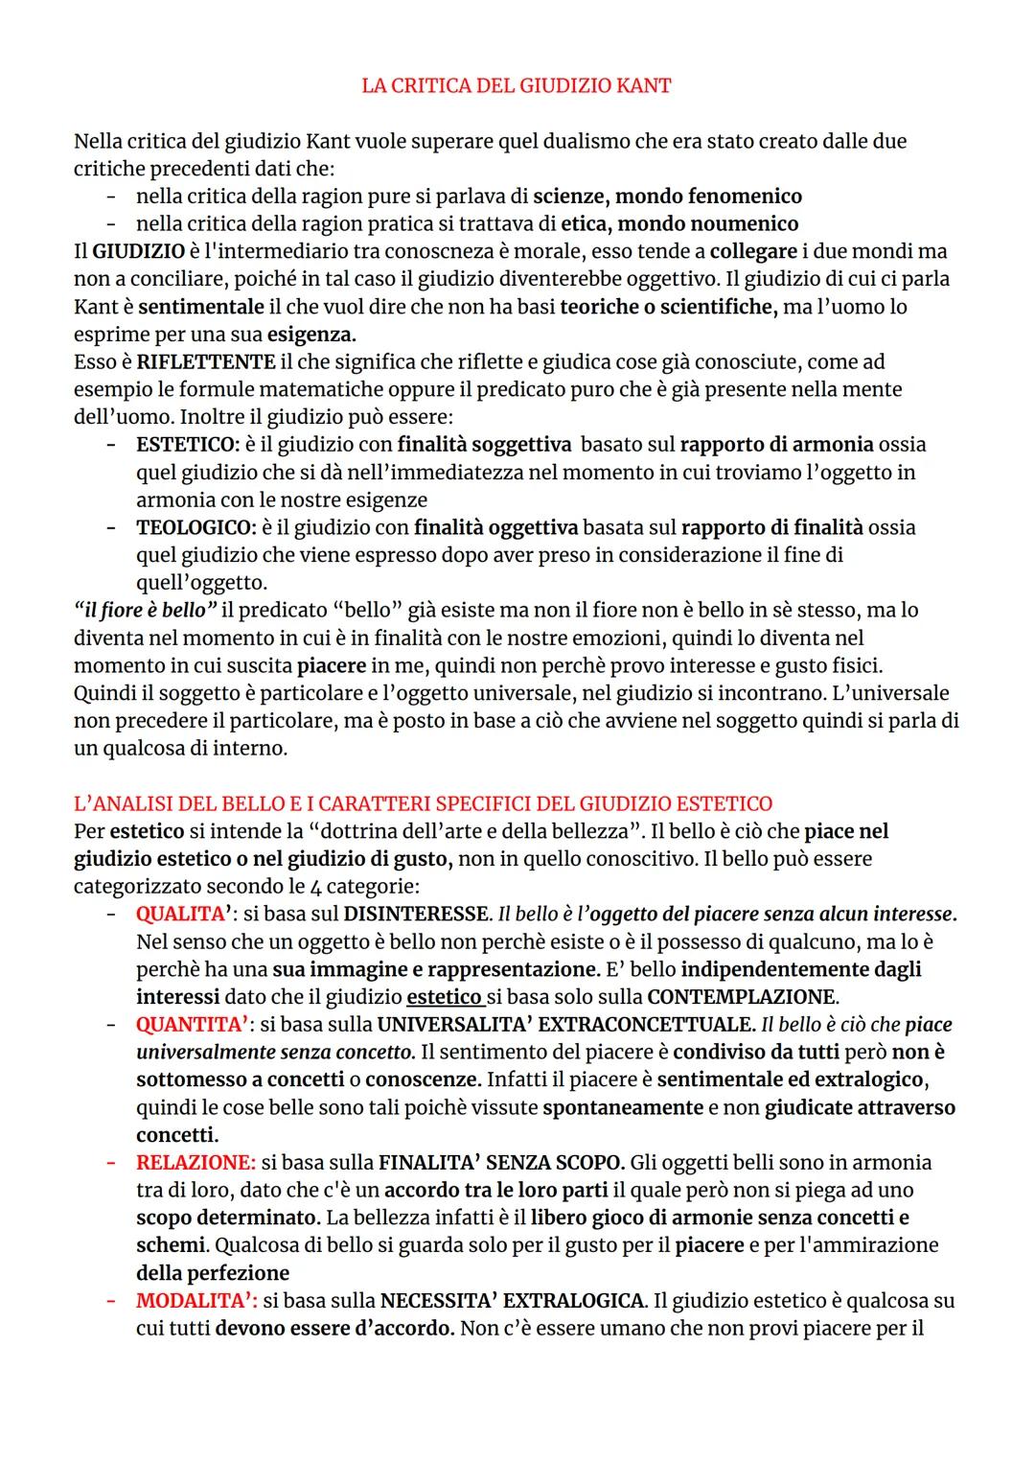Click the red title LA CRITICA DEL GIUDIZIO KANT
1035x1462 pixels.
click(517, 85)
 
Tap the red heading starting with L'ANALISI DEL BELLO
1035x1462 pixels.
click(423, 803)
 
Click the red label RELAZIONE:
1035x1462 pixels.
click(195, 1163)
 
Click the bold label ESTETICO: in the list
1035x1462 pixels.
click(188, 445)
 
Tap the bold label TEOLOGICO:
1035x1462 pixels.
click(195, 527)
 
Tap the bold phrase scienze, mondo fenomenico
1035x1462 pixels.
click(667, 197)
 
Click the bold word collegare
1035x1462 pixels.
click(753, 251)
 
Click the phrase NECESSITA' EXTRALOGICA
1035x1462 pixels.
click(512, 1301)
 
